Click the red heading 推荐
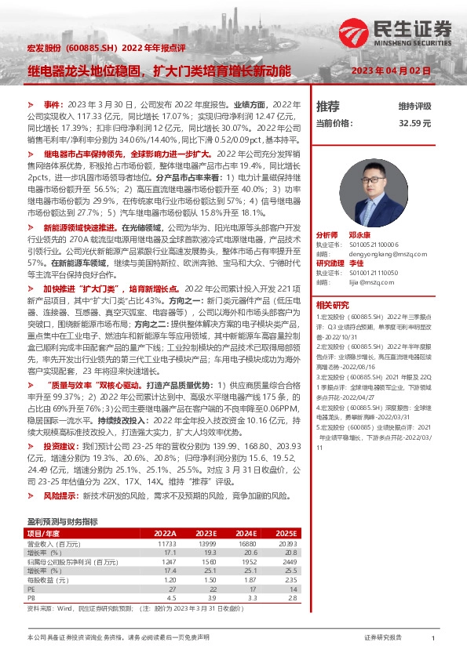click(327, 105)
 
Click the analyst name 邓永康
click(359, 234)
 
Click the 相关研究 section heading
click(332, 304)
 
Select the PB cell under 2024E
click(250, 597)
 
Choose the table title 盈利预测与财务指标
click(62, 520)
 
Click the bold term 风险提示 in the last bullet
click(59, 496)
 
